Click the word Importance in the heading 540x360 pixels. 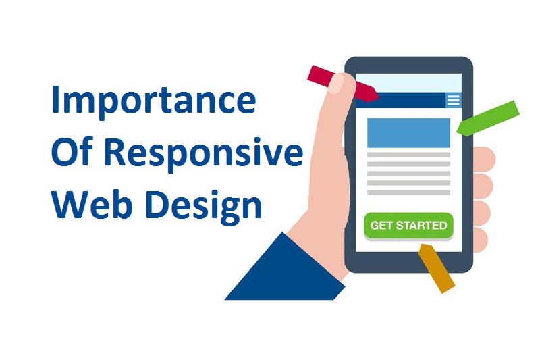(x=154, y=101)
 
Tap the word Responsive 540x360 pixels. (x=204, y=153)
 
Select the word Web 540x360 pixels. (x=92, y=204)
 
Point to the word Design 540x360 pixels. (x=204, y=207)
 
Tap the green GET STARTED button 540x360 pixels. (x=408, y=226)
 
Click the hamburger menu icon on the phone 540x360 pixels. (x=453, y=100)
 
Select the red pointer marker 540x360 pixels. (x=343, y=84)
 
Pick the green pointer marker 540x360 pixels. (x=488, y=118)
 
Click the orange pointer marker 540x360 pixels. (x=436, y=268)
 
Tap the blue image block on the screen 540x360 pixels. (x=408, y=132)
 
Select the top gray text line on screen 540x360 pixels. (x=408, y=155)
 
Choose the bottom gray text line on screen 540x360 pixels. (x=408, y=192)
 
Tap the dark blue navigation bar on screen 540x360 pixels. (x=401, y=100)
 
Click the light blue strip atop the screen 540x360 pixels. (x=409, y=83)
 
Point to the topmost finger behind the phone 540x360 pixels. (x=484, y=159)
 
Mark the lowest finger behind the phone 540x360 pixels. (x=481, y=240)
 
